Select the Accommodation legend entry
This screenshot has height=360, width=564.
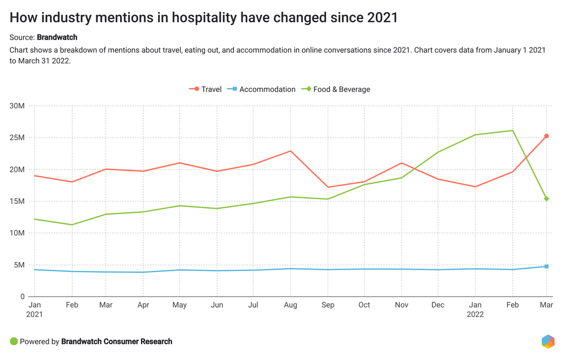(x=262, y=89)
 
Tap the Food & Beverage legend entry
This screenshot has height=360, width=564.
(x=336, y=89)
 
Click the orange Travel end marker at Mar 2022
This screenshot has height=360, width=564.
(x=546, y=136)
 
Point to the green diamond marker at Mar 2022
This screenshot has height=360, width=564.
(x=546, y=199)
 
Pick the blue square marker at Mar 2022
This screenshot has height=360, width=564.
(x=546, y=266)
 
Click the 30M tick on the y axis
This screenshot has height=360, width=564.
(x=17, y=106)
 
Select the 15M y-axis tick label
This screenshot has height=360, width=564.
(x=17, y=201)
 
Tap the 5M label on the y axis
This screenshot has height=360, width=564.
(x=19, y=265)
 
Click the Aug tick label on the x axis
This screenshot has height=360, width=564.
(x=291, y=305)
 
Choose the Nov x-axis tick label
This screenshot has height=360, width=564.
(x=402, y=305)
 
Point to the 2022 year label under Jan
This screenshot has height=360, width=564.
(x=475, y=314)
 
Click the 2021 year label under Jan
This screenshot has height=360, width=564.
(x=34, y=314)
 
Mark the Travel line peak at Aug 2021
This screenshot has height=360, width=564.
(x=291, y=151)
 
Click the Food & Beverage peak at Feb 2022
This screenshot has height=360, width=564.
(x=513, y=130)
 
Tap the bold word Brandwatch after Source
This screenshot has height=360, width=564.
(x=57, y=37)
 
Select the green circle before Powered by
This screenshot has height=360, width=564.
(x=14, y=341)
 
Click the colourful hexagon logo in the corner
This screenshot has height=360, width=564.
(x=548, y=341)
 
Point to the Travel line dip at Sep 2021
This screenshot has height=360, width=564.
(x=328, y=187)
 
